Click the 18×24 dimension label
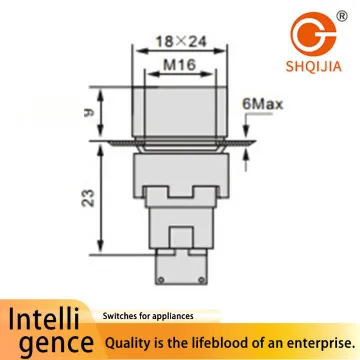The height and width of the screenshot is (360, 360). coord(181,41)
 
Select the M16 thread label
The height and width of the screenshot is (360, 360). coord(179,65)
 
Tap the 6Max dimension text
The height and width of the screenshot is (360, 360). coord(262,104)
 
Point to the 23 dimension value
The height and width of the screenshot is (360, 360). coord(89,198)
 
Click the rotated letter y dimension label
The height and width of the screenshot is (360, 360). coord(89,113)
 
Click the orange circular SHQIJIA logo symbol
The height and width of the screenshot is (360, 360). coord(313,34)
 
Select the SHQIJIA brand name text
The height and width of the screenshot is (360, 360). coord(313,66)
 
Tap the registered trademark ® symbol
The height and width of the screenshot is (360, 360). coord(342,16)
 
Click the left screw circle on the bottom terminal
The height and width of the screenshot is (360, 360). coord(161,279)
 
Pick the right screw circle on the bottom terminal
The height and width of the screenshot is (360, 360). coord(201,279)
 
